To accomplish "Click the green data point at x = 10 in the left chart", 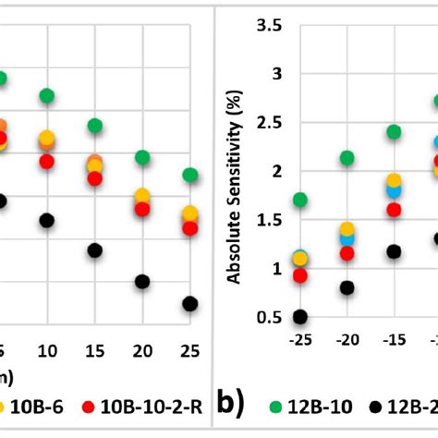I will point(46,96).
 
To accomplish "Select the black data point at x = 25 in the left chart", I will point(189,303).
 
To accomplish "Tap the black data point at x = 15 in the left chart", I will point(94,250).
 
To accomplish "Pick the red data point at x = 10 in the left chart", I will point(46,162).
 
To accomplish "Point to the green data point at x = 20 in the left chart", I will point(141,158).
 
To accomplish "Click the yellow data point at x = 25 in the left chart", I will point(189,214).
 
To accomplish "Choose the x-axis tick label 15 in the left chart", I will point(94,351).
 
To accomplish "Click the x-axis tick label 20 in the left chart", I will point(141,351).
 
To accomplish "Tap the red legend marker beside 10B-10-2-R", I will point(89,406).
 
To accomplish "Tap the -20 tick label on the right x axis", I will point(347,341).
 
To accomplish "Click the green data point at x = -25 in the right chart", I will point(299,200).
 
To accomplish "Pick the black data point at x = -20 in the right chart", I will point(347,287).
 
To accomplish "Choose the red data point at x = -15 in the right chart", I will point(394,210).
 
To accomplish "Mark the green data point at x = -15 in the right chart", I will point(394,132).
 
